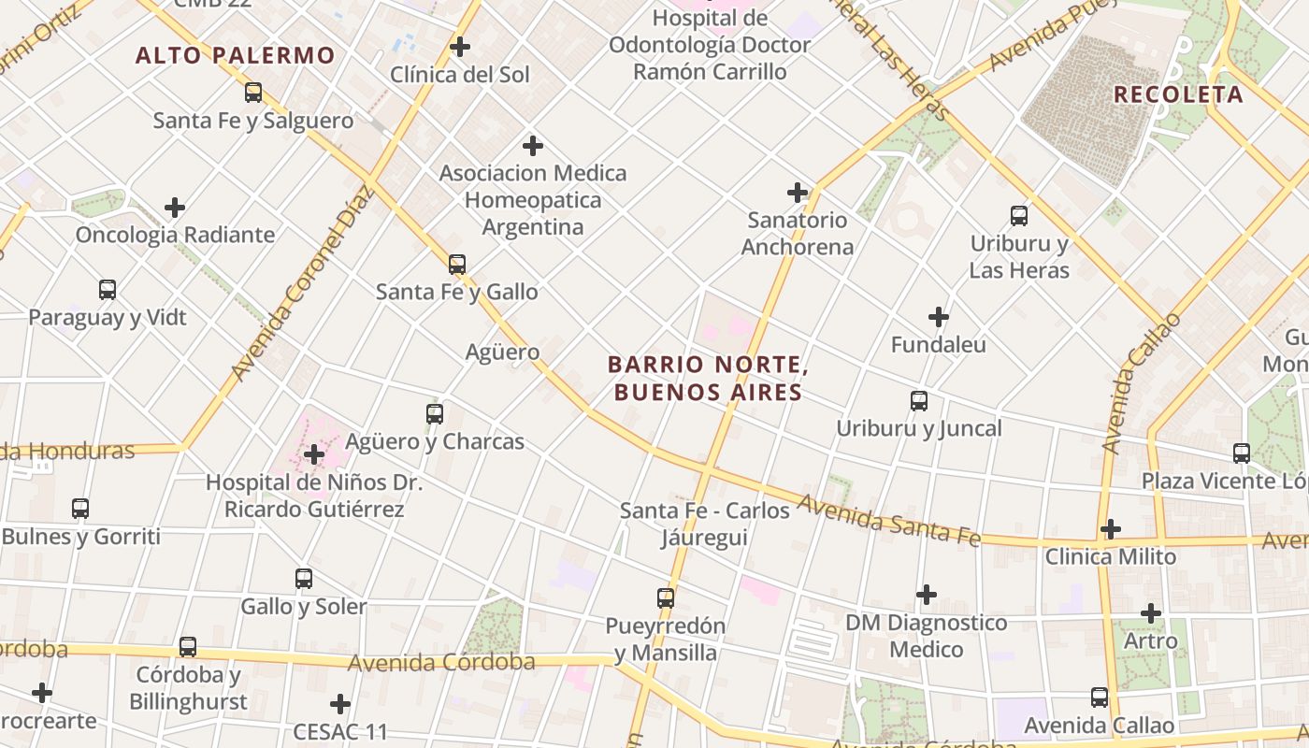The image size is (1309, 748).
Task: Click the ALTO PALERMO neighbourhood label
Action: (x=235, y=55)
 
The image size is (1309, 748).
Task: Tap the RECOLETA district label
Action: (x=1178, y=94)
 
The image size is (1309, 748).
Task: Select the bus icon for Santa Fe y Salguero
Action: (x=253, y=93)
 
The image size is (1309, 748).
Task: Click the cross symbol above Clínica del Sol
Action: (x=460, y=46)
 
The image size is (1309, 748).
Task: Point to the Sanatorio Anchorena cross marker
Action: (x=798, y=193)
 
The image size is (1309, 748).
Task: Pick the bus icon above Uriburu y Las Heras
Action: (x=1019, y=216)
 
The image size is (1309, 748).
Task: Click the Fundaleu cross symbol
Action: (x=939, y=317)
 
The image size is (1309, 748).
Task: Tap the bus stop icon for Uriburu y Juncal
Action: (x=919, y=401)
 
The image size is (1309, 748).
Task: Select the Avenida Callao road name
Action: (x=1139, y=384)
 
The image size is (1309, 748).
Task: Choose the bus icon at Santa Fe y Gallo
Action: (x=457, y=265)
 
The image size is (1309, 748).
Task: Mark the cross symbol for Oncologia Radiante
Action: (x=175, y=207)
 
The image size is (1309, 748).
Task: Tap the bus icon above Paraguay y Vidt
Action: (x=108, y=290)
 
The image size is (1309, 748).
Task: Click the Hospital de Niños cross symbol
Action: (x=314, y=455)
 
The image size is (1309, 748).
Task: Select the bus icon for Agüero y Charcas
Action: (x=435, y=413)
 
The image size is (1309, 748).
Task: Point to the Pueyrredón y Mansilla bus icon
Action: (x=666, y=597)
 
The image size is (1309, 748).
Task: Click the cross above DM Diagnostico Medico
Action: (x=927, y=595)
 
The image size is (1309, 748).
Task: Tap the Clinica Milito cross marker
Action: (x=1110, y=529)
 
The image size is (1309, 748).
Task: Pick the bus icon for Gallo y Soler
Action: (x=304, y=579)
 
